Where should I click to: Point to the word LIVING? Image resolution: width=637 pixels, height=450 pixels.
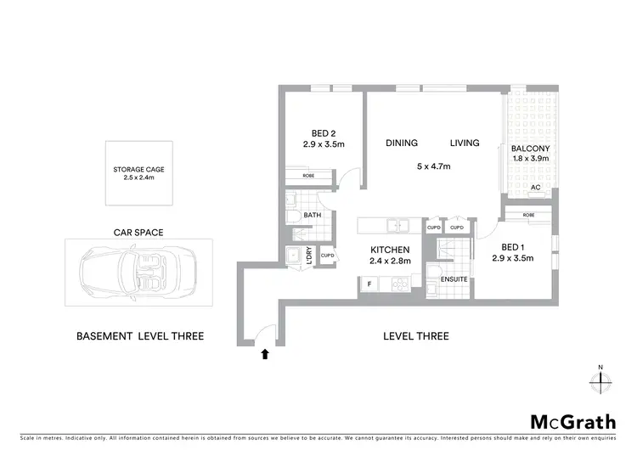pyautogui.click(x=465, y=143)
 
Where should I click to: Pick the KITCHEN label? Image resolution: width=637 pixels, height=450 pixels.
pyautogui.click(x=391, y=250)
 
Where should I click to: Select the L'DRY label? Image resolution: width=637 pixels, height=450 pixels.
pyautogui.click(x=308, y=256)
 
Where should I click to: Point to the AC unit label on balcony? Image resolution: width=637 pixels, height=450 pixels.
pyautogui.click(x=535, y=188)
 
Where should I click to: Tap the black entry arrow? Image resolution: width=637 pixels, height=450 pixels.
pyautogui.click(x=265, y=352)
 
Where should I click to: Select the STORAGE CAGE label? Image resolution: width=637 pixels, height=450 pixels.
pyautogui.click(x=138, y=170)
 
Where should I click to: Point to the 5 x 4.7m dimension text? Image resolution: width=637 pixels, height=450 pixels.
pyautogui.click(x=432, y=166)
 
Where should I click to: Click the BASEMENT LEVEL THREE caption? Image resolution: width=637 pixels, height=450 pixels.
pyautogui.click(x=139, y=336)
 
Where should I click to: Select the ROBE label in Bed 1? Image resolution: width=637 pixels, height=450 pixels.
pyautogui.click(x=529, y=216)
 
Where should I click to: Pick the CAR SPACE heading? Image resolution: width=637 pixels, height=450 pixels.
pyautogui.click(x=138, y=231)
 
